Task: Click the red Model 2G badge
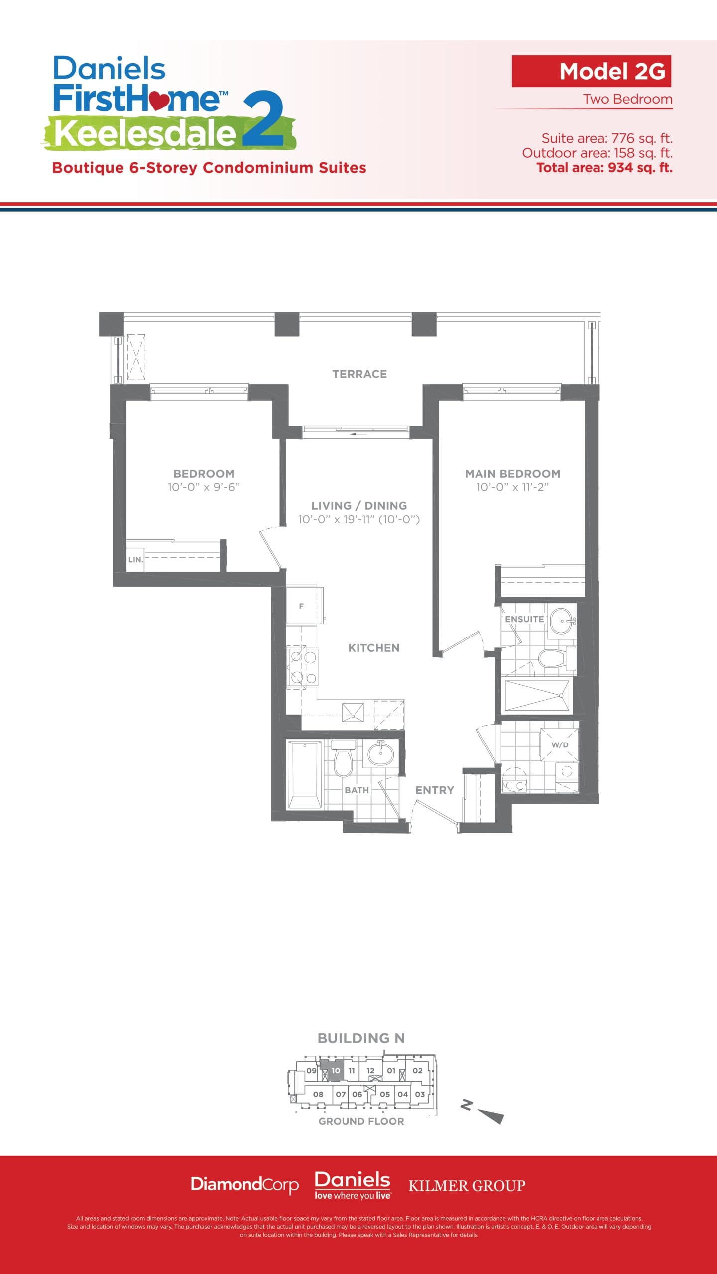(x=591, y=71)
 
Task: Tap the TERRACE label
(x=359, y=374)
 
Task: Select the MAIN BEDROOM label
(x=512, y=473)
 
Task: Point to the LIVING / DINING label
(x=359, y=505)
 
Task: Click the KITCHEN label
(x=373, y=647)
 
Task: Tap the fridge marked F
(x=302, y=606)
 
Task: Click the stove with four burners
(x=303, y=667)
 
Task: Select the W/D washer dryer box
(x=560, y=745)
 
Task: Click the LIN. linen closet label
(x=135, y=560)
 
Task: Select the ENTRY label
(x=434, y=790)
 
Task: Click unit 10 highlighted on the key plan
(x=336, y=1070)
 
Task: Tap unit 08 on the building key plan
(x=318, y=1094)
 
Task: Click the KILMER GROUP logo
(x=467, y=1186)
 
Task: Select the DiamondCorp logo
(x=244, y=1184)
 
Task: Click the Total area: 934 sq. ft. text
(x=604, y=168)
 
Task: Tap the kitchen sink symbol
(x=353, y=712)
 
